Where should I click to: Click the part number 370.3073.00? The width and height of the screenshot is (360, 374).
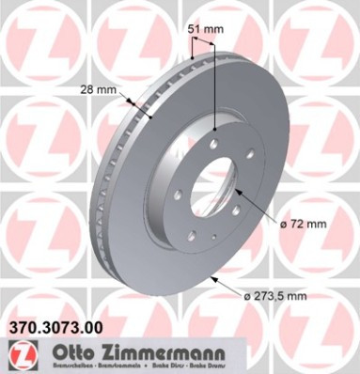(x=55, y=327)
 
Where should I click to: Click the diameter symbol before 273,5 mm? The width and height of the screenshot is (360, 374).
(x=246, y=298)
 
